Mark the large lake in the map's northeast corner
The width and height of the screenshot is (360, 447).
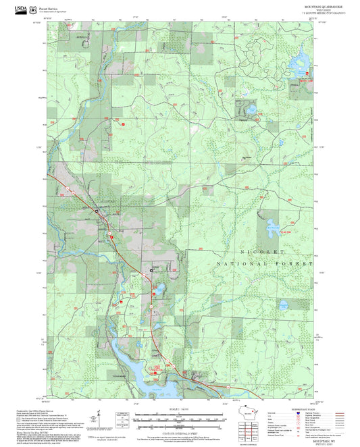pos(298,65)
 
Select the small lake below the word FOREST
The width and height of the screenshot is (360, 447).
pos(284,305)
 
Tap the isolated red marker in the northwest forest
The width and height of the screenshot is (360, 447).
pos(124,124)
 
